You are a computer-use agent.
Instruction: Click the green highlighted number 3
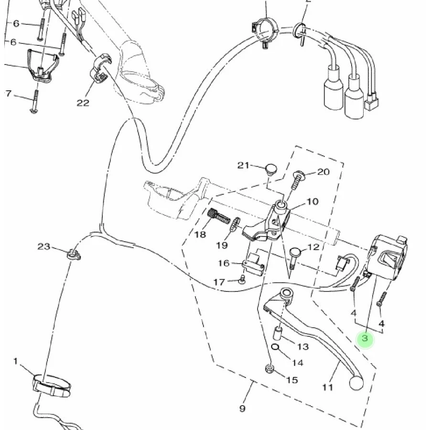[365, 338]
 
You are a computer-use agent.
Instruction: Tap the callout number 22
[83, 103]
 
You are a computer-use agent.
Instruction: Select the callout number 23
[44, 247]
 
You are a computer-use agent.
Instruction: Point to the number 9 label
[242, 408]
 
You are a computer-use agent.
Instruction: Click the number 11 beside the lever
[327, 387]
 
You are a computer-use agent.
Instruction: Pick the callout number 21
[243, 165]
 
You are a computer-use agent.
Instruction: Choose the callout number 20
[323, 172]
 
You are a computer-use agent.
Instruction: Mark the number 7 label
[9, 94]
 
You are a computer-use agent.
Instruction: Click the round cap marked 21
[271, 168]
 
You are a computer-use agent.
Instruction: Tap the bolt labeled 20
[296, 181]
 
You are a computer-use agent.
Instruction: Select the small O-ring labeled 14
[275, 347]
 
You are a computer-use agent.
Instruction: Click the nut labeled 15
[269, 368]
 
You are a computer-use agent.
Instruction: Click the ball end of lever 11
[356, 383]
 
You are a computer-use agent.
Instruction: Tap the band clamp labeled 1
[52, 386]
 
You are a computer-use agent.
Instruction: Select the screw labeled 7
[35, 101]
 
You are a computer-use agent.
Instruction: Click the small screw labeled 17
[242, 279]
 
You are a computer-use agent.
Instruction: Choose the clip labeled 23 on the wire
[73, 255]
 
